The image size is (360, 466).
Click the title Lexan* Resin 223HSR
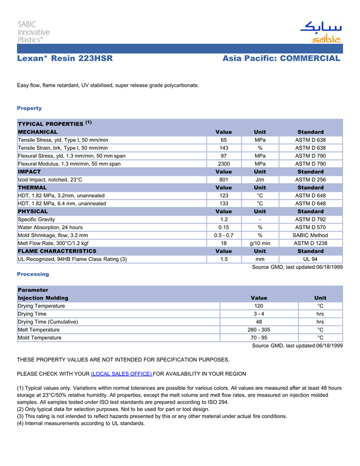(65, 59)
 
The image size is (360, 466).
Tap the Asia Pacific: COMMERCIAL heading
(281, 59)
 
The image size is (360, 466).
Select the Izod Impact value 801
(224, 180)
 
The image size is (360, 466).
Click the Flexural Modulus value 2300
(224, 164)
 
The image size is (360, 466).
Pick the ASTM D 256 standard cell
(310, 180)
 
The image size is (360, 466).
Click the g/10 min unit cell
(260, 243)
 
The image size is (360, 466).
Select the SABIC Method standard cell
(310, 235)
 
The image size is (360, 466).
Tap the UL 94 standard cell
(310, 259)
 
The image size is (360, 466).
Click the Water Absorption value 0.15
(224, 227)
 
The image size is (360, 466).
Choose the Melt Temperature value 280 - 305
(259, 330)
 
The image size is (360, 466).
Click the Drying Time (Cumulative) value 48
(259, 321)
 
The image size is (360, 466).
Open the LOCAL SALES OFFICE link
(121, 373)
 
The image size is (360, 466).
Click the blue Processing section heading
(33, 274)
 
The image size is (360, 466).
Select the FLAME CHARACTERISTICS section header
(57, 251)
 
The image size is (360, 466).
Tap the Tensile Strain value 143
(224, 148)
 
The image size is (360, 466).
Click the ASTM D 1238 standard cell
(310, 243)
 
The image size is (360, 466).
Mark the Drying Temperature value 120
(259, 306)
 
